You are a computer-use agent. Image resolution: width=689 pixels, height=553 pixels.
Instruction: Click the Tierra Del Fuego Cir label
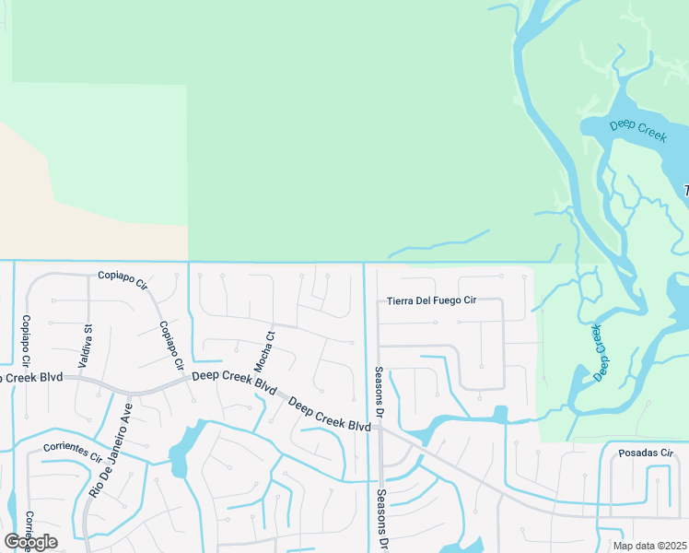pyautogui.click(x=431, y=300)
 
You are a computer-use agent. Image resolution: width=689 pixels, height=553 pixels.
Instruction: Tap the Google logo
pyautogui.click(x=30, y=542)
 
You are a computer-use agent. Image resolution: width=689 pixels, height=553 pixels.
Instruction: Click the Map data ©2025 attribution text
pyautogui.click(x=648, y=546)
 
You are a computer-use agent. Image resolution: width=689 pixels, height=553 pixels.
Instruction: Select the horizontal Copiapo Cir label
pyautogui.click(x=123, y=276)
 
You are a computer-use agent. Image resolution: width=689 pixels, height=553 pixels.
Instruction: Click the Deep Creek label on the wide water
pyautogui.click(x=637, y=130)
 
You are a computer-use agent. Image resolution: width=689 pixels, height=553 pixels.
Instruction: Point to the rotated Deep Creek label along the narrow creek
pyautogui.click(x=601, y=352)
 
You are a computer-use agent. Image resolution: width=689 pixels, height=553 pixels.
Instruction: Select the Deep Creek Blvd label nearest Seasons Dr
pyautogui.click(x=329, y=415)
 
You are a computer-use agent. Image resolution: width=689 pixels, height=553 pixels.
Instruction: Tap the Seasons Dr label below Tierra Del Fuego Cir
pyautogui.click(x=379, y=389)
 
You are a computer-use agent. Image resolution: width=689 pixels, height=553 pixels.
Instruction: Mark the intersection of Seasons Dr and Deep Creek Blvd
pyautogui.click(x=380, y=428)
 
